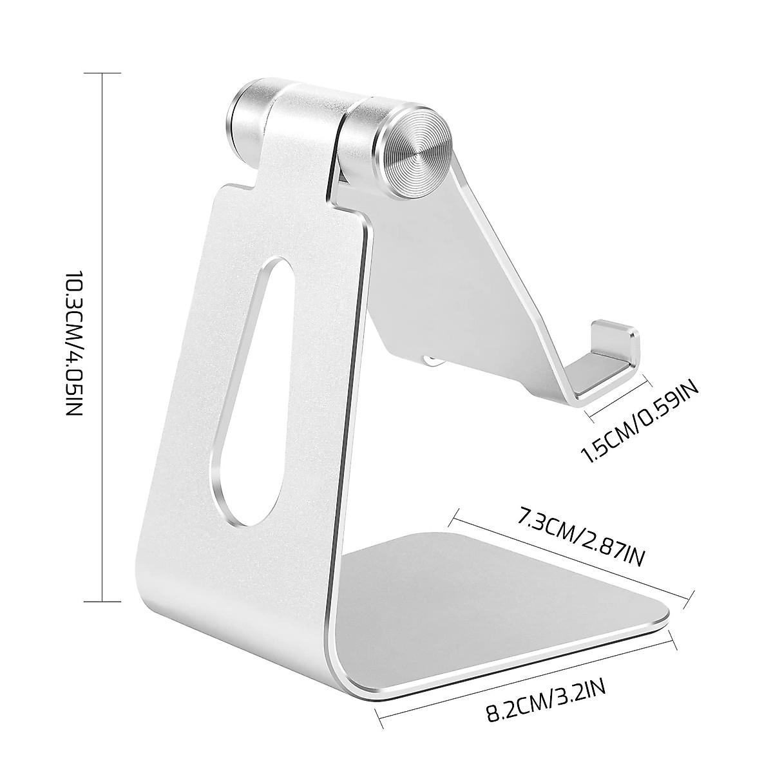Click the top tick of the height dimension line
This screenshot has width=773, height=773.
coord(103,74)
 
